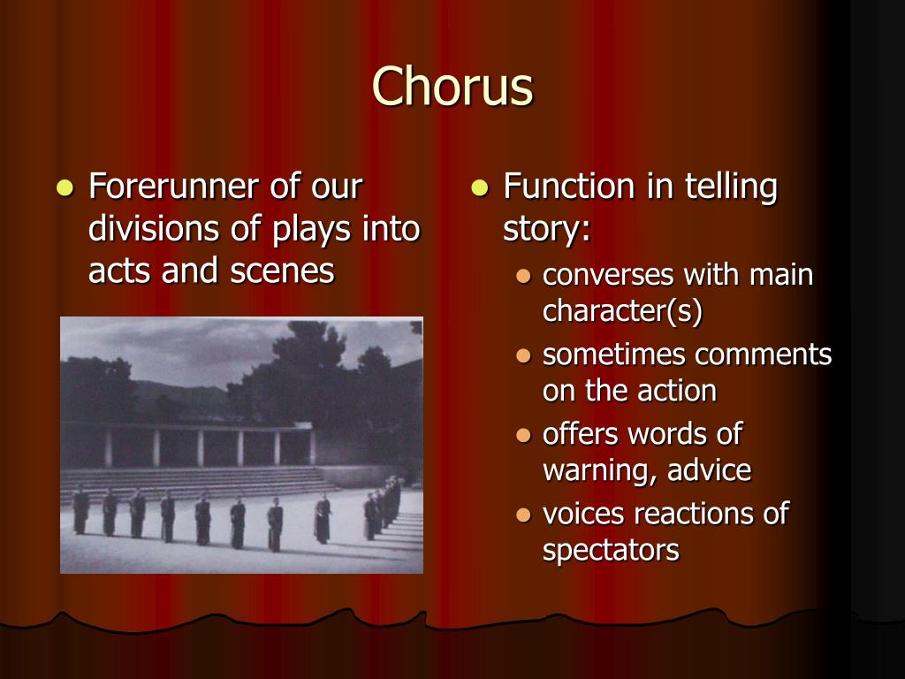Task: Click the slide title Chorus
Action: (x=452, y=88)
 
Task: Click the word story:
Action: (x=546, y=229)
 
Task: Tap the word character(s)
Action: (x=622, y=311)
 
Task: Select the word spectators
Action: (x=611, y=550)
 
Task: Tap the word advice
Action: (x=709, y=470)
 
